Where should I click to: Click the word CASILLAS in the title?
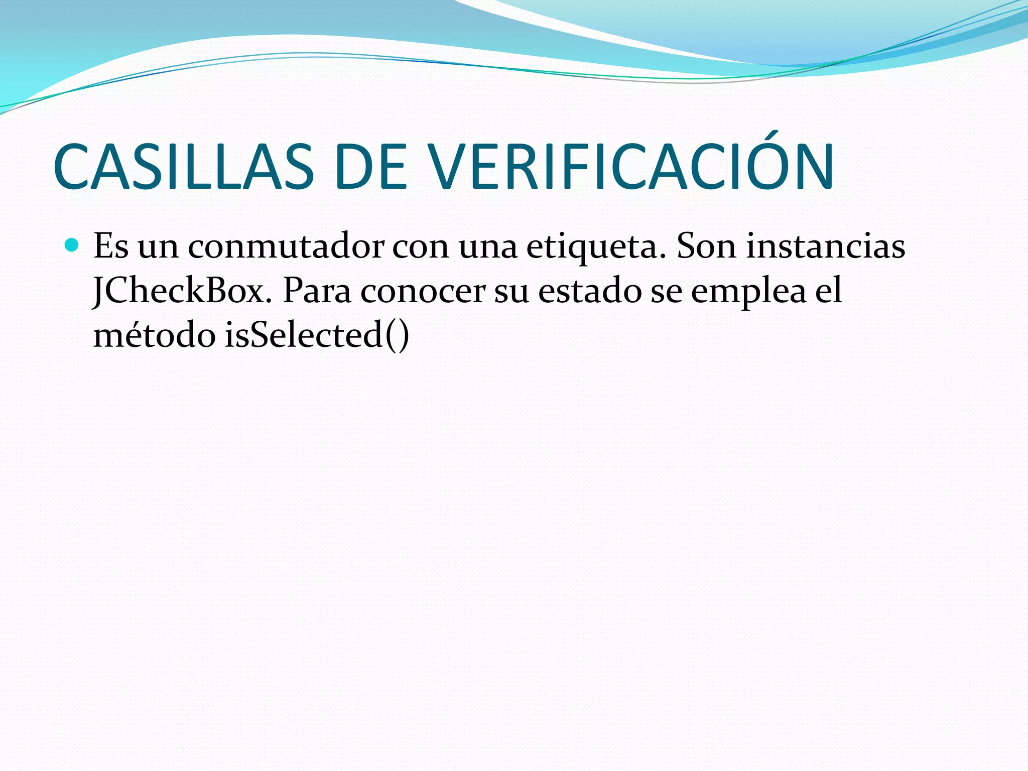[x=183, y=167]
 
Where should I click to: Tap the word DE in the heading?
[x=370, y=167]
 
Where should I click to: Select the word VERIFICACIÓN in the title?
[x=633, y=167]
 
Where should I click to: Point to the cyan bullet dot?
[x=72, y=245]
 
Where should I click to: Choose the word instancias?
[x=826, y=246]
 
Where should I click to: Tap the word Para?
[x=317, y=291]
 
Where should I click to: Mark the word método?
[x=154, y=335]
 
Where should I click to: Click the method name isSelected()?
[x=317, y=335]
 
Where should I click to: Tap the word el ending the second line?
[x=828, y=291]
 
